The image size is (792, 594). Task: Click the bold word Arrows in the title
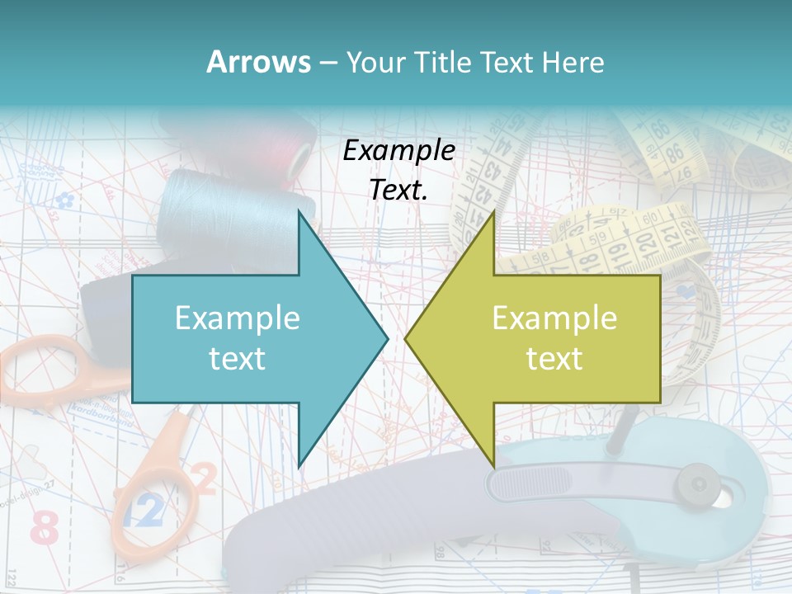click(x=258, y=62)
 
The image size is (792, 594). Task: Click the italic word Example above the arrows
click(x=398, y=151)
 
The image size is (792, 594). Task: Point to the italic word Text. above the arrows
click(x=398, y=190)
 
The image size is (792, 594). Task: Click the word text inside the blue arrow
click(x=237, y=358)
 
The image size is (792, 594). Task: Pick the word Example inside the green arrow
click(x=554, y=318)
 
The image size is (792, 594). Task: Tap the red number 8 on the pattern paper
click(x=45, y=527)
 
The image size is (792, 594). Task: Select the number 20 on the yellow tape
click(x=645, y=241)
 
